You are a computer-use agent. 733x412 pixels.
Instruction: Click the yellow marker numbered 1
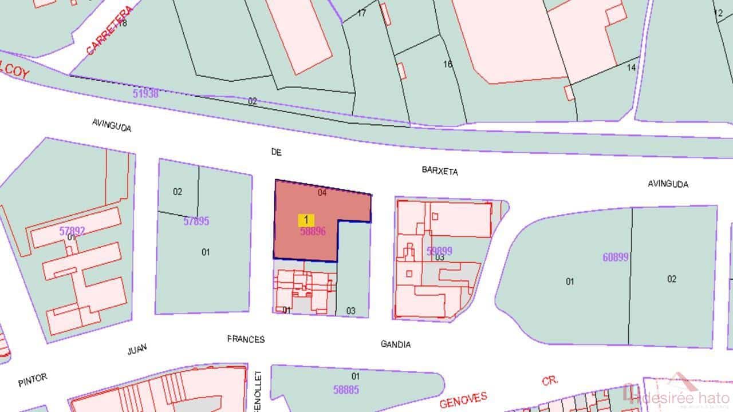(306, 220)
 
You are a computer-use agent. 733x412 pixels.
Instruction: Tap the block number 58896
(313, 231)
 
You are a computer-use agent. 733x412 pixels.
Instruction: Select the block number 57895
(196, 221)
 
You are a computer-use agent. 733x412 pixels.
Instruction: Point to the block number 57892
(72, 231)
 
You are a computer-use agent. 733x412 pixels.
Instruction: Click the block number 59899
(439, 251)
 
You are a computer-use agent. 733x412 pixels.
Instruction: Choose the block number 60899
(616, 257)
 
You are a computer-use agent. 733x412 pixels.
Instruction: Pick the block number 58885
(346, 390)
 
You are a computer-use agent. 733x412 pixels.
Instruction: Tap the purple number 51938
(145, 93)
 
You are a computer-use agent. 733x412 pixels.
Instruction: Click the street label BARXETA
(440, 171)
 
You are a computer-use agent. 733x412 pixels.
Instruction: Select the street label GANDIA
(396, 344)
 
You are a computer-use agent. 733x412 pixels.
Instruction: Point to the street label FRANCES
(246, 339)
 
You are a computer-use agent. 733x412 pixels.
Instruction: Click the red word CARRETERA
(109, 31)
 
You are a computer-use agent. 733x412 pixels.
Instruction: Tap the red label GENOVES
(464, 399)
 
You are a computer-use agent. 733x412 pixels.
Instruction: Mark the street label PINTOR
(32, 380)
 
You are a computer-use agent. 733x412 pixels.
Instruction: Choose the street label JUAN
(137, 349)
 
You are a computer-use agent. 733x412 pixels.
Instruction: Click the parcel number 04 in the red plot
(322, 193)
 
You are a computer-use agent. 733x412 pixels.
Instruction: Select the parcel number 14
(632, 68)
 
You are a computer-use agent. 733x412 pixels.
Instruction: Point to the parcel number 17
(361, 13)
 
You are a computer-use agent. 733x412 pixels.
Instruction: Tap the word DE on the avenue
(277, 152)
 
